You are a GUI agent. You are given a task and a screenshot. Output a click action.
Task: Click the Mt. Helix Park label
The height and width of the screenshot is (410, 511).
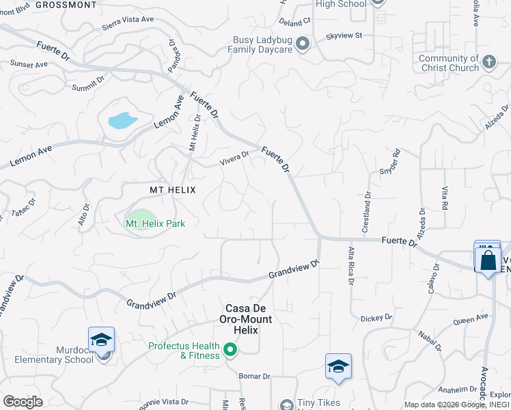click(155, 223)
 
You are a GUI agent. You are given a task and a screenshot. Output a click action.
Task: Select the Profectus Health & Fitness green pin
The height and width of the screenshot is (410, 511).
click(230, 351)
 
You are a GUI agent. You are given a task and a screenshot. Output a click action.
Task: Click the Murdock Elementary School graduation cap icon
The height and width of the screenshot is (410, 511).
click(101, 340)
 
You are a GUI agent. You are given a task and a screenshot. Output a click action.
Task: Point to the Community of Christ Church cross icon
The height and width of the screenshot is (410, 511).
click(488, 63)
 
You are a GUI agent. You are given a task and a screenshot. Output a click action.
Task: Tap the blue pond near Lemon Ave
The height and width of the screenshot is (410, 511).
click(122, 121)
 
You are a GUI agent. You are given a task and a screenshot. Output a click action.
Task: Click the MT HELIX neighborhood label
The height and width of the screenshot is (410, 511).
click(173, 190)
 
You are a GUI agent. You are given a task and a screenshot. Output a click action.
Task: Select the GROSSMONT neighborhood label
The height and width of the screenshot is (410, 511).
click(66, 5)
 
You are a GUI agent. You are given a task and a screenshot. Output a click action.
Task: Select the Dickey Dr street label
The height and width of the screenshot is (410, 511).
click(376, 318)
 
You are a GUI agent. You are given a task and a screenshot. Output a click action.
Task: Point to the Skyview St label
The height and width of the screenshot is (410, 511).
click(344, 35)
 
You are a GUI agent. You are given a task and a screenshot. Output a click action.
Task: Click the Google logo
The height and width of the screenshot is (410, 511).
click(23, 402)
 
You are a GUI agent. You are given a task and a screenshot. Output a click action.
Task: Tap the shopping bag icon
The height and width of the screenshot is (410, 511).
click(488, 260)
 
